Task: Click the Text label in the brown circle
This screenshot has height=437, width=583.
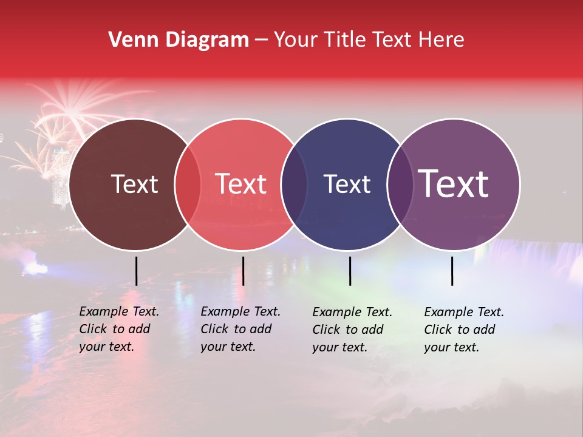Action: [x=134, y=184]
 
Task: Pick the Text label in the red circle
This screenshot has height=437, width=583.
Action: [x=241, y=184]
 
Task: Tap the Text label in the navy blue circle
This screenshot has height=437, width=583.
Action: [x=347, y=184]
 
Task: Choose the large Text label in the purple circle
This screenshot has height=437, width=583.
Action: [x=454, y=184]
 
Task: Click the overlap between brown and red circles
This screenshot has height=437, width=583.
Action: [x=188, y=184]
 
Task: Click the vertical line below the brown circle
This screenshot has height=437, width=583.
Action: [x=136, y=271]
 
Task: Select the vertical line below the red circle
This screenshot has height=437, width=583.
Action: [x=243, y=271]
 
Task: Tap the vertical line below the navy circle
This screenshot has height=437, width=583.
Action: [x=350, y=271]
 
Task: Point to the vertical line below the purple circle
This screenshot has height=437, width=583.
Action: [x=452, y=271]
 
